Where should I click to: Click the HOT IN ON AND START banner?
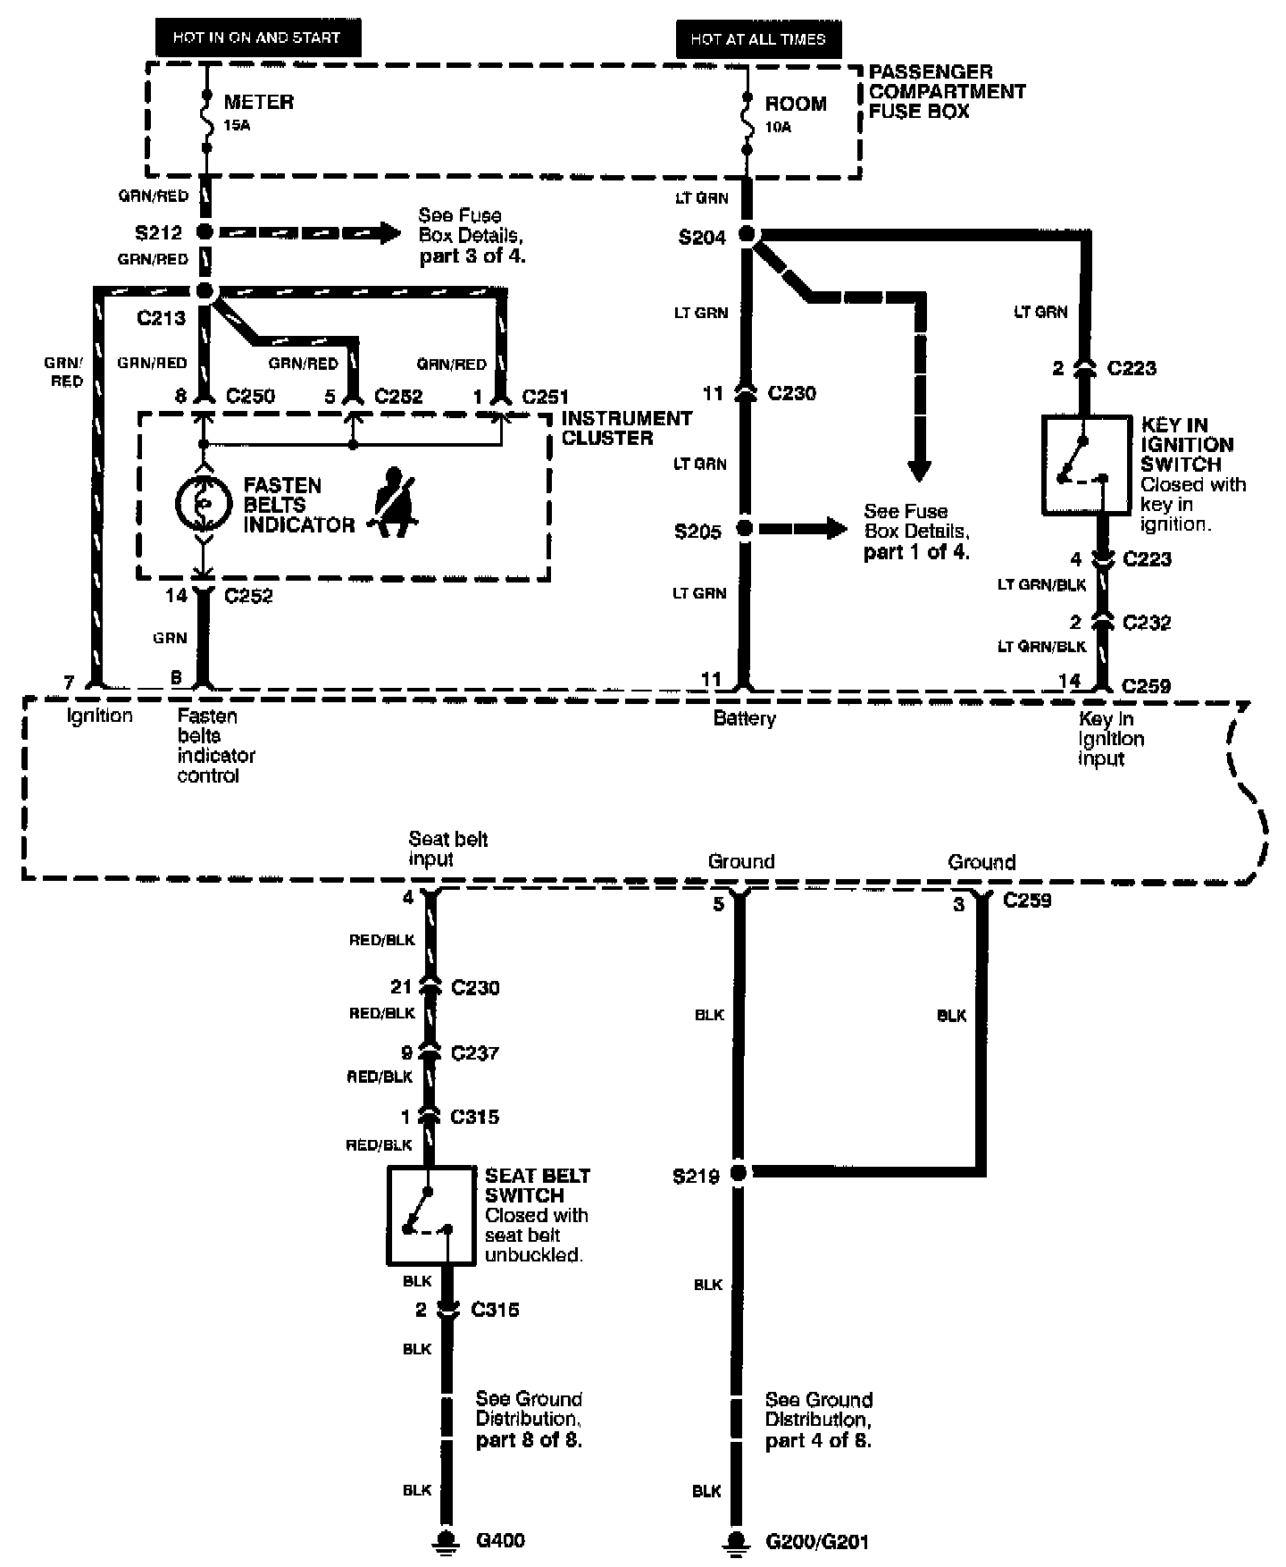click(256, 38)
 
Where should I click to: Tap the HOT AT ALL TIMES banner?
click(758, 39)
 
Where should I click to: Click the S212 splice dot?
click(205, 232)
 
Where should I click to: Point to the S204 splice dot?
click(747, 236)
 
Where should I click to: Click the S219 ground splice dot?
click(739, 1172)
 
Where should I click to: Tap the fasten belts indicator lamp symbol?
click(204, 504)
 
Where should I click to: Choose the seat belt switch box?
click(430, 1215)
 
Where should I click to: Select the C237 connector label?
click(475, 1052)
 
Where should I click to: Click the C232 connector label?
click(1147, 622)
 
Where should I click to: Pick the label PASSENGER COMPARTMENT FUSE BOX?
click(947, 91)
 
